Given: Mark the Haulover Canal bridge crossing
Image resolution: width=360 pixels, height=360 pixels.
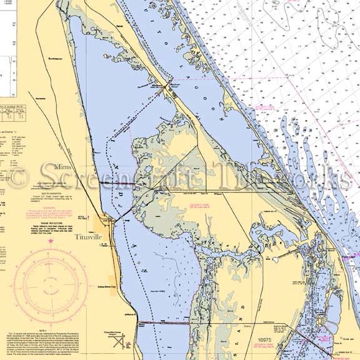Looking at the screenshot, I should (166, 90).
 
